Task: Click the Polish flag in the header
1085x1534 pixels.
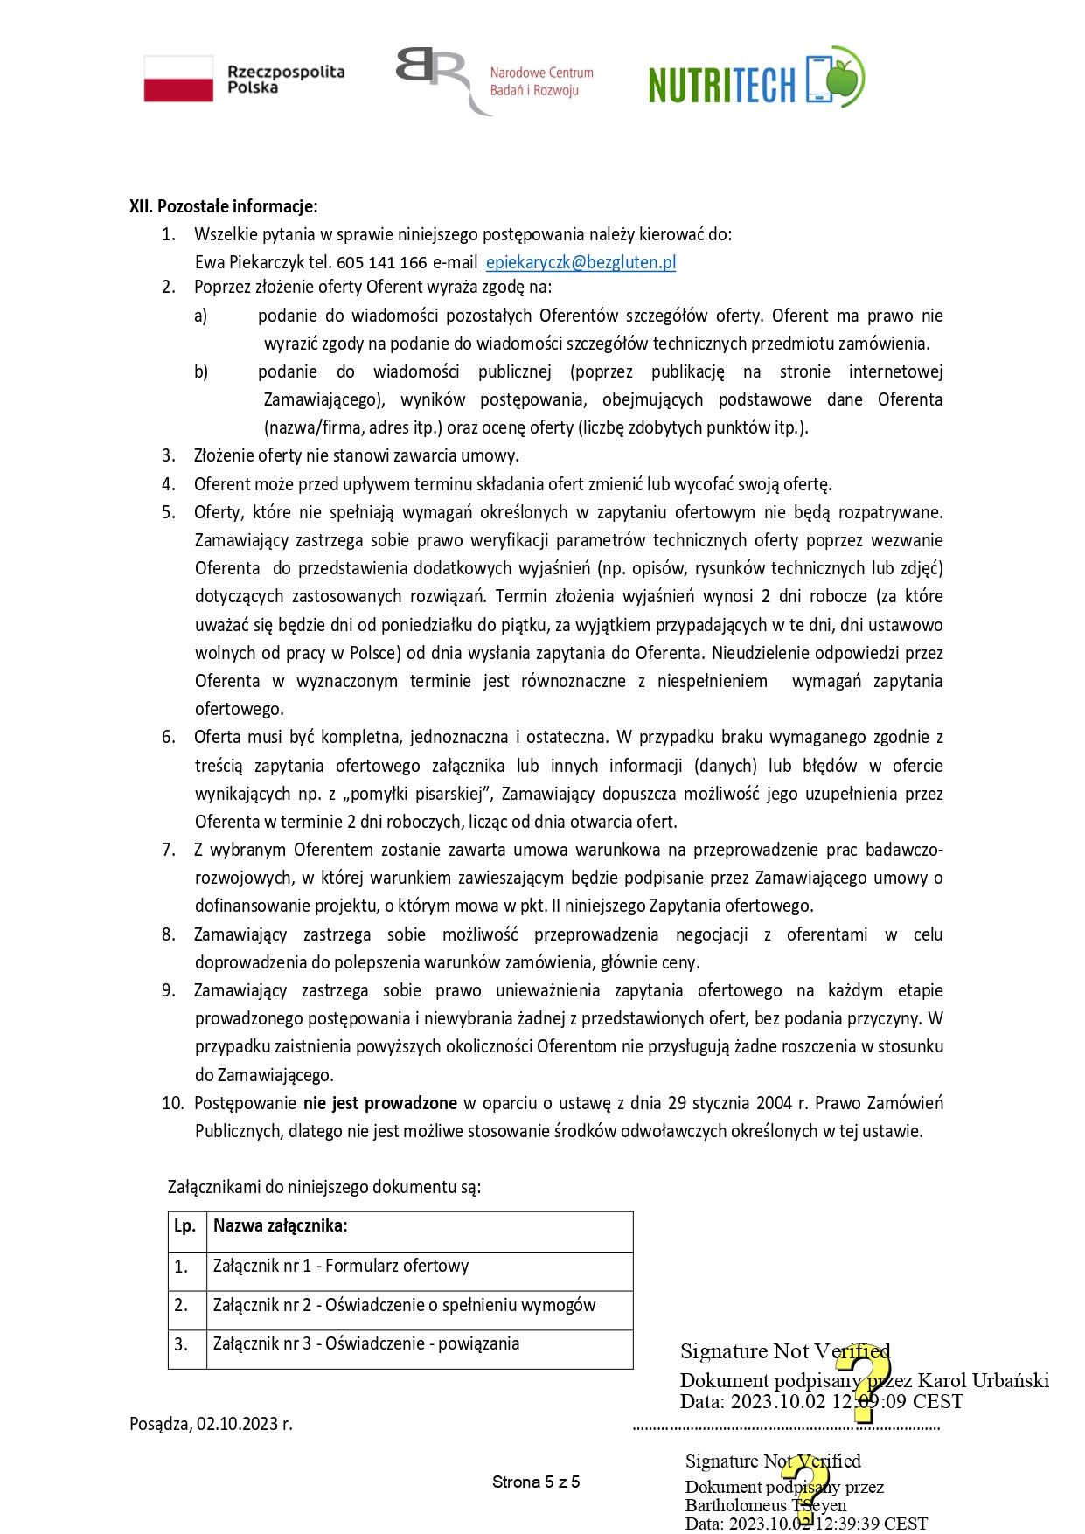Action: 178,79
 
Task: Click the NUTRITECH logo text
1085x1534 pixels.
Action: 722,85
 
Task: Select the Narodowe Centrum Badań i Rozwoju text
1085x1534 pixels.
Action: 541,81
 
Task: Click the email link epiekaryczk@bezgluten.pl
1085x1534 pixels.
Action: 581,262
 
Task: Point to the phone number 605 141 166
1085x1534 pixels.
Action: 382,262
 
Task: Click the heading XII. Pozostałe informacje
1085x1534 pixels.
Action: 223,206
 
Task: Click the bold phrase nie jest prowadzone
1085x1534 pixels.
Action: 380,1103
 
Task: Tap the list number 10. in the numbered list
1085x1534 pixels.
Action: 172,1103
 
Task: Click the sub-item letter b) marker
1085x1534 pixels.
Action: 201,371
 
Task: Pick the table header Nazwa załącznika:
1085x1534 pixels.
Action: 281,1225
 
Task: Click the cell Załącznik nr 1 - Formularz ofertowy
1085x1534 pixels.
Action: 341,1266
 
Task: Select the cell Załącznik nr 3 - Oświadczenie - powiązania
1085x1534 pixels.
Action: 366,1343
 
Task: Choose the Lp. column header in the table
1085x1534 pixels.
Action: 185,1225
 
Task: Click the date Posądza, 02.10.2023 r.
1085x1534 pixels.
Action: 211,1424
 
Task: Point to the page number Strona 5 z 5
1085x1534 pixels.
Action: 536,1482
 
